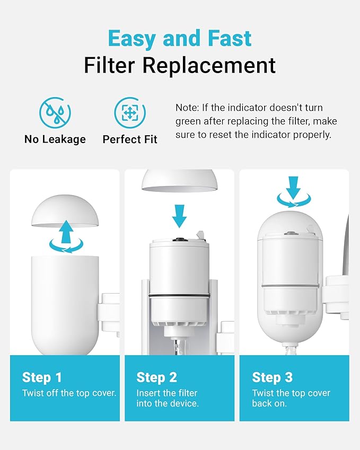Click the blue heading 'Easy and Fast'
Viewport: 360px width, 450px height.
tap(180, 39)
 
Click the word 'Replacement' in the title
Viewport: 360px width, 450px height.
tap(222, 65)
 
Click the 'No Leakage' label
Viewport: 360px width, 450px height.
tap(55, 139)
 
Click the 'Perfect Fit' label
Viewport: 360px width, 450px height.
tap(130, 140)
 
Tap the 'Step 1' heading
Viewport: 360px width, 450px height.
tap(42, 377)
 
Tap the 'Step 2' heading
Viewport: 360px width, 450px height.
tap(157, 377)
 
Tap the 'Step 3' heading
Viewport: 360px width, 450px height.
tap(272, 377)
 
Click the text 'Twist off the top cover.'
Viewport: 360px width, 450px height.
tap(69, 393)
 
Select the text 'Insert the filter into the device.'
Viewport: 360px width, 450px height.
tap(167, 398)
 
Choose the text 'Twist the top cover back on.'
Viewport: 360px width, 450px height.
tap(291, 398)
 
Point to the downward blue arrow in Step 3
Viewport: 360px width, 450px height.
tap(293, 187)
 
